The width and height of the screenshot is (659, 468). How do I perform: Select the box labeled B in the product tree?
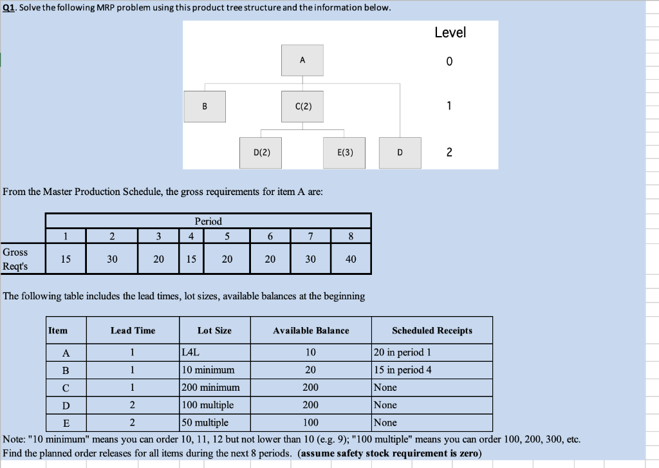click(x=205, y=106)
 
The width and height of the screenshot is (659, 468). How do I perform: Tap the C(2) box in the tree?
click(x=302, y=106)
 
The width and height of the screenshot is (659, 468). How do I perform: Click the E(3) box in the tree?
click(x=344, y=153)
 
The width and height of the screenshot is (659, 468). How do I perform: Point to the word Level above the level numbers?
click(x=450, y=32)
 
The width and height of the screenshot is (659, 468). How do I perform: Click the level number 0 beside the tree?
click(x=449, y=62)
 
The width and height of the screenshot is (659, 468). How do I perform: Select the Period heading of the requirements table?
click(x=208, y=221)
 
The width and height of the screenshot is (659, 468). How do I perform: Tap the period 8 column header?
click(x=351, y=236)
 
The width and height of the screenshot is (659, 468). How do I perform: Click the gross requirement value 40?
click(x=351, y=259)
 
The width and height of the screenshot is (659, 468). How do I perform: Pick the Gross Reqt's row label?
click(x=15, y=259)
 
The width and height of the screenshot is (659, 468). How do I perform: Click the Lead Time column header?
click(x=133, y=330)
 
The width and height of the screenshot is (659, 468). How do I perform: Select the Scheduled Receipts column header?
click(x=432, y=330)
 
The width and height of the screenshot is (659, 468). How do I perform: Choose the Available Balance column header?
click(x=311, y=330)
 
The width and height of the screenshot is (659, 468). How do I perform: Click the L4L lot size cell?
click(x=191, y=352)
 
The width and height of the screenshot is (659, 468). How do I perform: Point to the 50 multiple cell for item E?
click(x=205, y=422)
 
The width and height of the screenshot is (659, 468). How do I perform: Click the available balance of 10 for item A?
click(x=311, y=352)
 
